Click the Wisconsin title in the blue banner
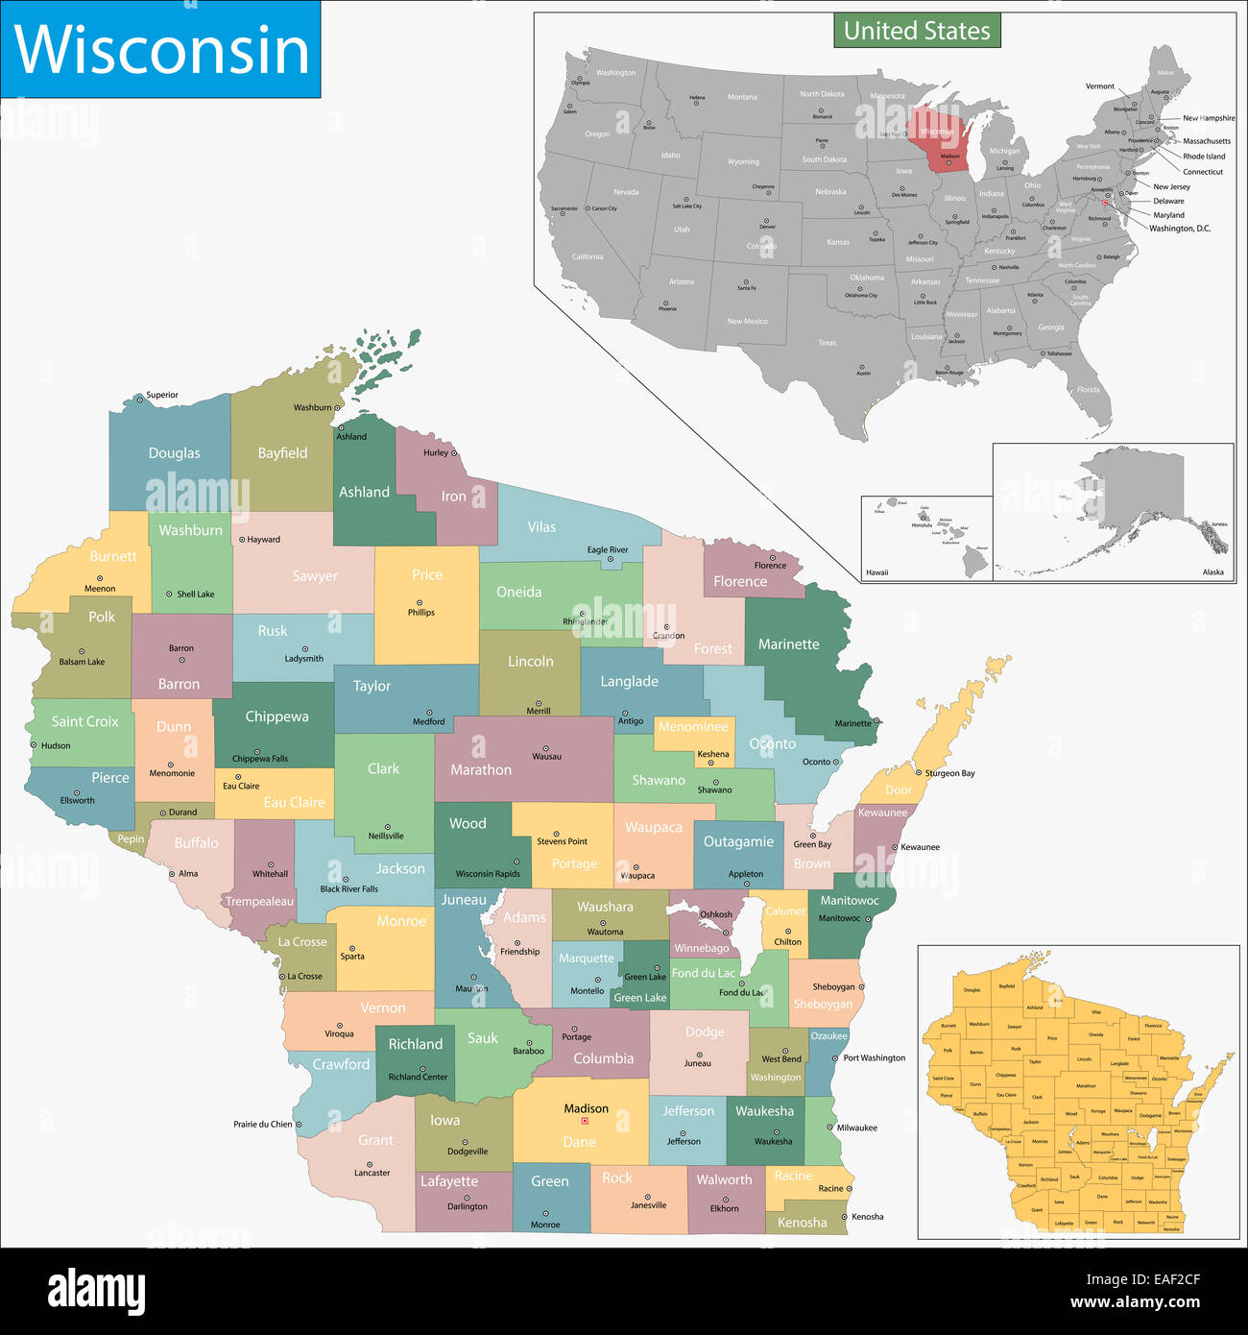coord(161,50)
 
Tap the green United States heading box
coord(916,31)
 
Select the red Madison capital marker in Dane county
coord(584,1121)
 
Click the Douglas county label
coord(174,453)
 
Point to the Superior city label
coord(161,395)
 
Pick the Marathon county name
coord(481,769)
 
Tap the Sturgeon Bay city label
coord(949,773)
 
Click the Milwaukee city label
coord(856,1128)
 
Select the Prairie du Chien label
coord(262,1124)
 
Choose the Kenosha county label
coord(802,1223)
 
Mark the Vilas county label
coord(541,527)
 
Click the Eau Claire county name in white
coord(294,802)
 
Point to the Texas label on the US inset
coord(827,343)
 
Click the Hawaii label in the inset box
coord(876,572)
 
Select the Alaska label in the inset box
coord(1212,572)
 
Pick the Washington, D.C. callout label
coord(1180,229)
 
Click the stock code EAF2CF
coord(1142,1279)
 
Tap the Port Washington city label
coord(874,1057)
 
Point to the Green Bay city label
coord(812,844)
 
